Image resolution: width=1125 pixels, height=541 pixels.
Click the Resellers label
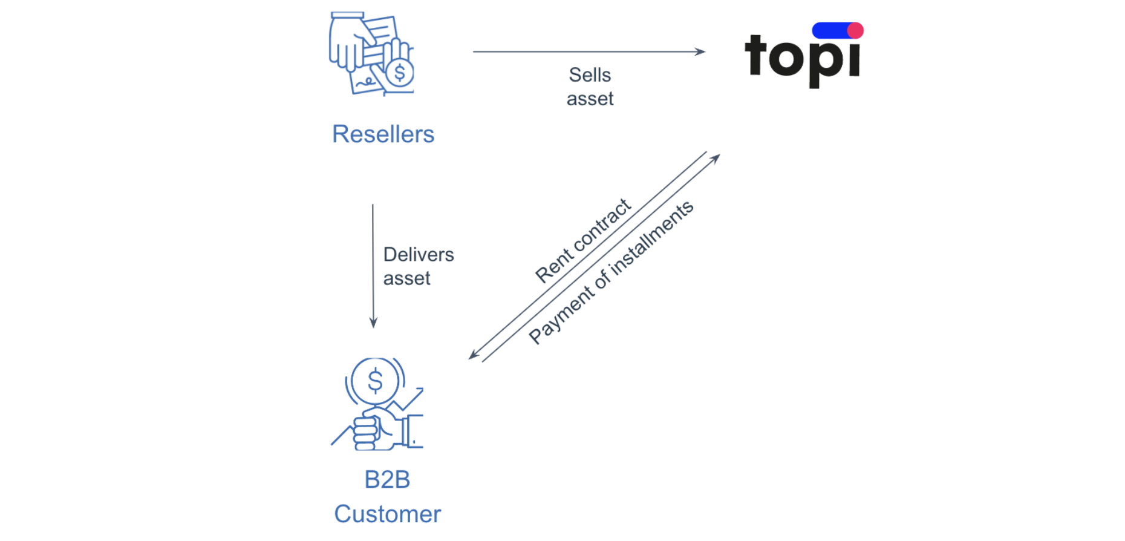[x=383, y=134]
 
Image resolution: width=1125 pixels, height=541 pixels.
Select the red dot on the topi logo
[x=855, y=30]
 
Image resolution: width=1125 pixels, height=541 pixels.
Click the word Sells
[x=590, y=75]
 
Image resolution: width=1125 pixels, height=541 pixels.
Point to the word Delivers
[x=419, y=255]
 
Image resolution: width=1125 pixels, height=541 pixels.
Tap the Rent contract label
[x=583, y=240]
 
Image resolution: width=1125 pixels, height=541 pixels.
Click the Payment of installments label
[x=611, y=272]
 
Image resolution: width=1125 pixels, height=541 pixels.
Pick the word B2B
[x=387, y=480]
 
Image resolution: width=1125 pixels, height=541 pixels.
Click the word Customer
[x=387, y=514]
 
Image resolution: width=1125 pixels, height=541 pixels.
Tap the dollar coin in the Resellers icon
[x=399, y=73]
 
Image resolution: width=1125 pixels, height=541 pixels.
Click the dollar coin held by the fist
[x=375, y=381]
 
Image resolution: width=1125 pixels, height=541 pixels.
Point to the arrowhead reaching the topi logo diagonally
[x=716, y=158]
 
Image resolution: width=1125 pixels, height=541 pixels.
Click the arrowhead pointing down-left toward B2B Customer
[x=474, y=355]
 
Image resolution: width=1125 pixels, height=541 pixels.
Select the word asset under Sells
[x=590, y=99]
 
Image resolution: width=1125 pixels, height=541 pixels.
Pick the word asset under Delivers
[x=406, y=278]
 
